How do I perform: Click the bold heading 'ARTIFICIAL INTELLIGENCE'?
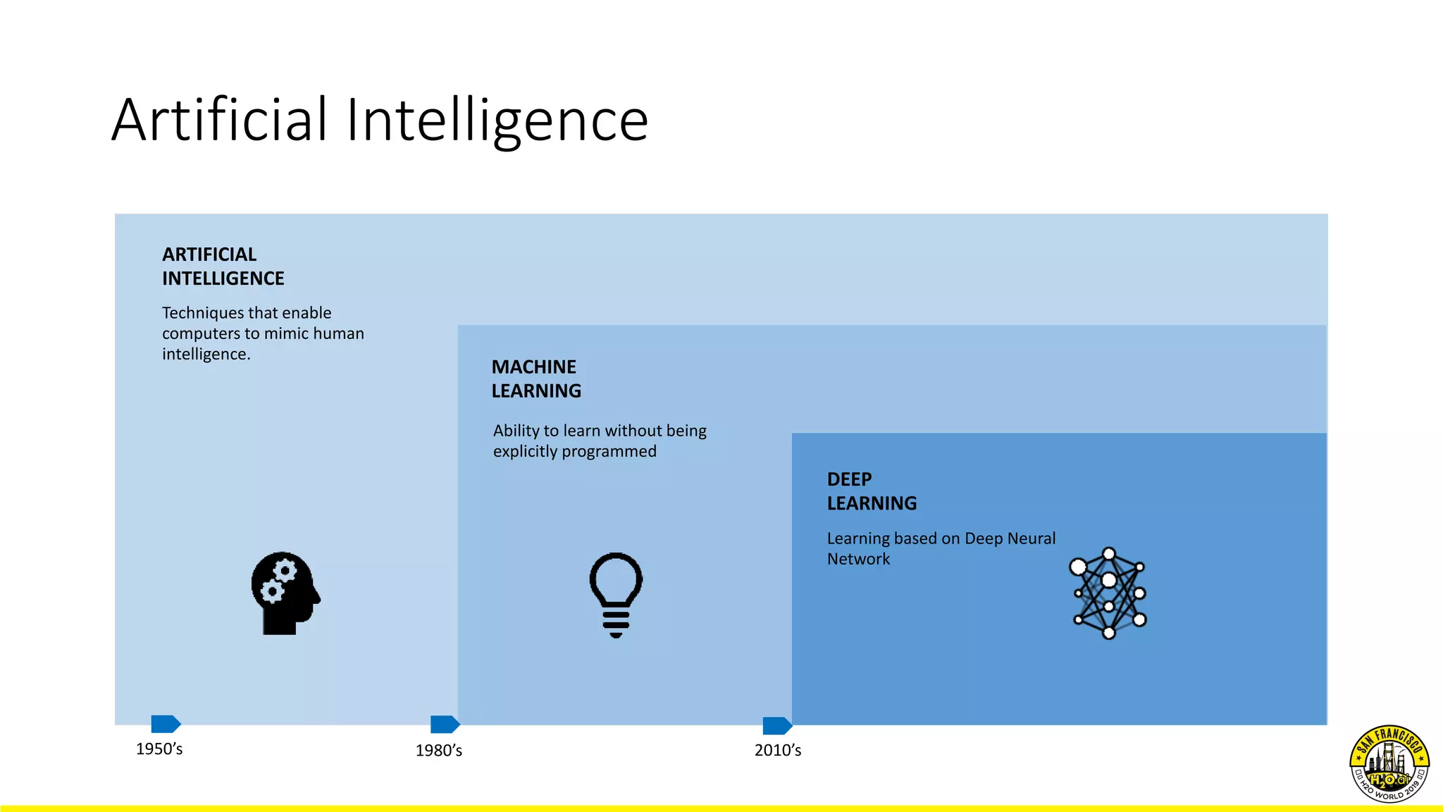click(223, 266)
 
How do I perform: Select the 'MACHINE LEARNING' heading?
click(535, 379)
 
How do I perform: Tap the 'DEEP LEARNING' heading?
click(871, 491)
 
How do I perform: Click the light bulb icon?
click(616, 594)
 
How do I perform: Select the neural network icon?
click(1108, 593)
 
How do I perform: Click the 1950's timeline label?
click(159, 749)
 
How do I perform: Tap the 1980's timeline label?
click(438, 750)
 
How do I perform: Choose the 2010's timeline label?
click(778, 750)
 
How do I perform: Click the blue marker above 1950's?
click(166, 724)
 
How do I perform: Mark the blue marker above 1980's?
click(445, 724)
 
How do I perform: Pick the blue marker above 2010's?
click(777, 725)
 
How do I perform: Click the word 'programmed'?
click(610, 451)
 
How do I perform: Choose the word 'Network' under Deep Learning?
click(858, 559)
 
